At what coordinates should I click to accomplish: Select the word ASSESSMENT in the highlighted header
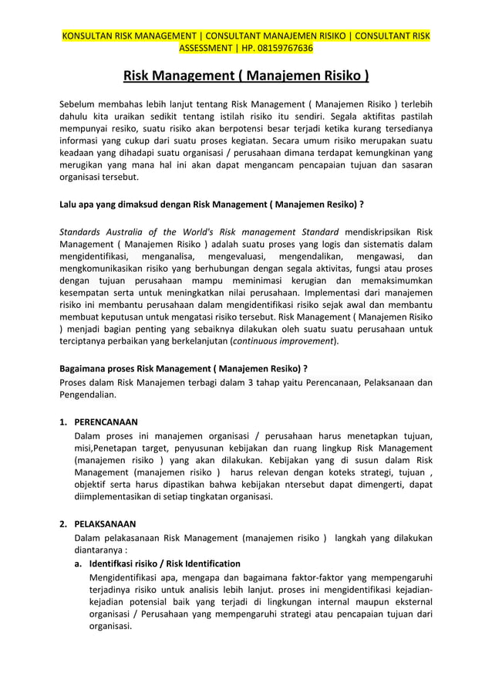pyautogui.click(x=206, y=49)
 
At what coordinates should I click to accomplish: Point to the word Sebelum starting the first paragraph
pyautogui.click(x=79, y=103)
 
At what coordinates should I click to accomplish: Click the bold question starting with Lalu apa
pyautogui.click(x=211, y=205)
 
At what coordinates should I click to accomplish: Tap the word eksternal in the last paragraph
pyautogui.click(x=409, y=601)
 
